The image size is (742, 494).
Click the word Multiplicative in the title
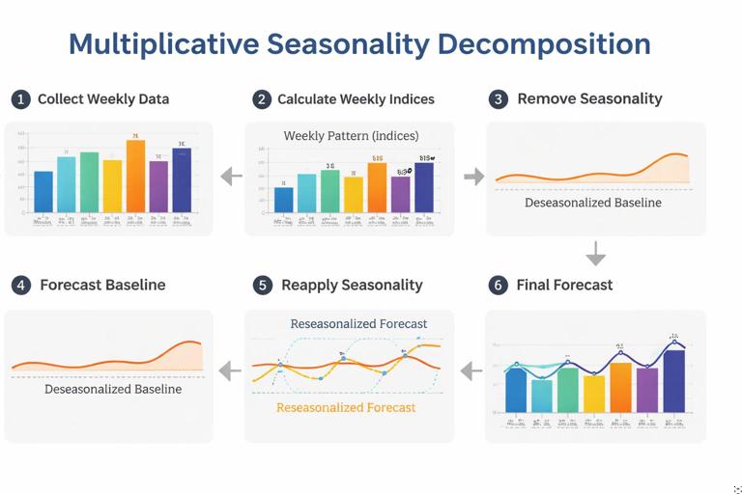(x=163, y=44)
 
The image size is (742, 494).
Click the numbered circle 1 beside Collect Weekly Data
(x=20, y=99)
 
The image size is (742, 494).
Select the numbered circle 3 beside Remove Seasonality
(x=499, y=99)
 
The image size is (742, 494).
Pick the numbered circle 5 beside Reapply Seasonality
(x=263, y=286)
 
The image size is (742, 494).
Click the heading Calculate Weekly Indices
(x=356, y=99)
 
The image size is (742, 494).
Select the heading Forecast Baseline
(x=102, y=286)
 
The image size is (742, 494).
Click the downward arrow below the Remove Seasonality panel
(x=596, y=254)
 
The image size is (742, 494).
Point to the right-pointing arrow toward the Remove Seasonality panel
(x=473, y=177)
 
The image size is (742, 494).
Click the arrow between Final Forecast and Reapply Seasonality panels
(x=471, y=370)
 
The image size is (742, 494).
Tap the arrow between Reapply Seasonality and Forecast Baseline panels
(x=230, y=370)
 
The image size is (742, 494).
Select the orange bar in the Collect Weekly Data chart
(x=135, y=177)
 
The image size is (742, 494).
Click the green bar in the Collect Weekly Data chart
(x=89, y=182)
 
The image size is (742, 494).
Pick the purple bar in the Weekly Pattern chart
(x=400, y=193)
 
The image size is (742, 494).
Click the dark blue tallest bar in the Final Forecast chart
(x=674, y=380)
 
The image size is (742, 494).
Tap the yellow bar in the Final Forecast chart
(x=594, y=393)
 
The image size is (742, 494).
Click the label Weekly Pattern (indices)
(x=351, y=136)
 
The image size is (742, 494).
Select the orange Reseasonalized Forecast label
(x=346, y=408)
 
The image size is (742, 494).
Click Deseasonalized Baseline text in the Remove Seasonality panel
(x=593, y=203)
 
